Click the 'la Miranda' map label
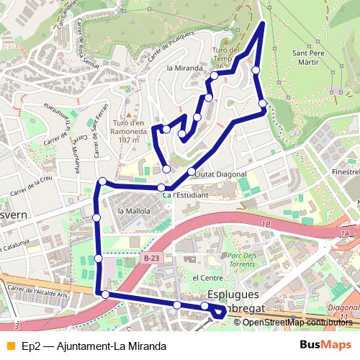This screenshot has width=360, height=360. point(181,68)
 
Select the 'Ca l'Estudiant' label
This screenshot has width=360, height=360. point(185,195)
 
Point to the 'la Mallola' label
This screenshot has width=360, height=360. point(133,211)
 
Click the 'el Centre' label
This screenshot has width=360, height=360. point(207,277)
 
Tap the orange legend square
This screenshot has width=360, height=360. point(9,346)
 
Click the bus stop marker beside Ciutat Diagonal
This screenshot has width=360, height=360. point(191,171)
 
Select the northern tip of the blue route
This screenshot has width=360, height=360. point(262,24)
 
